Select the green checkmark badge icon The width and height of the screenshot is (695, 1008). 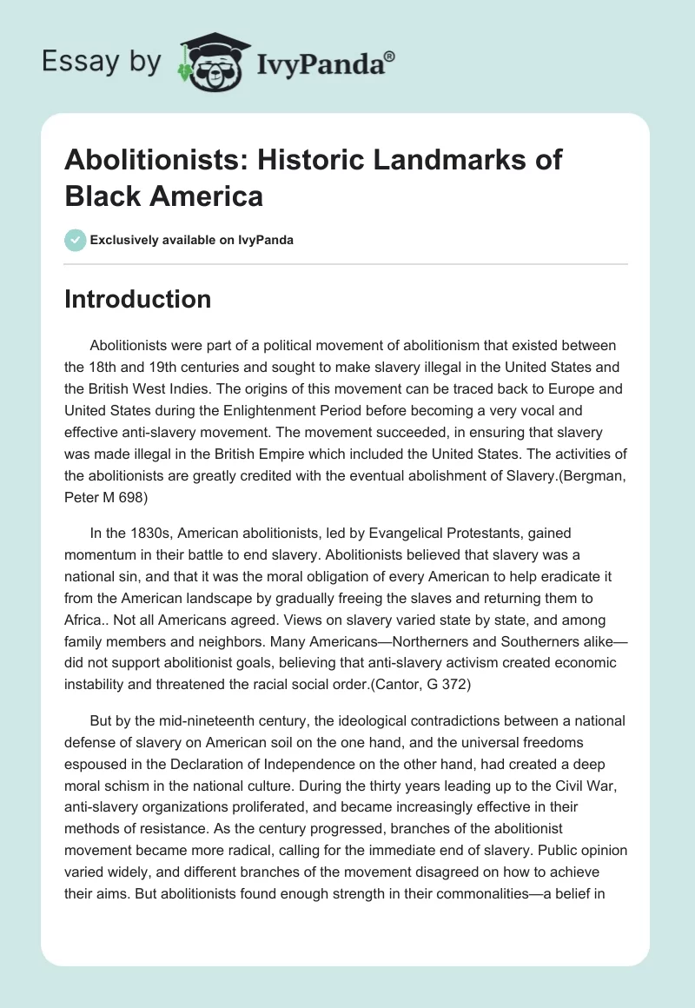tap(76, 240)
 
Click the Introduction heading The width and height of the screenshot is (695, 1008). tap(138, 299)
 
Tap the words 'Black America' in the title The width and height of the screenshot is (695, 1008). tap(164, 196)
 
